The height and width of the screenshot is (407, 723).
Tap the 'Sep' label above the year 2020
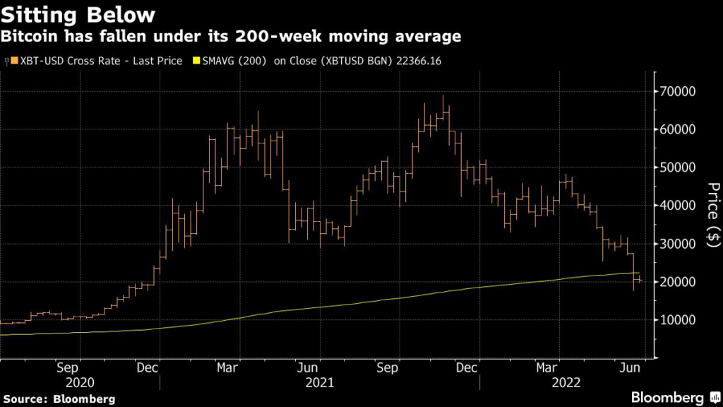coord(67,367)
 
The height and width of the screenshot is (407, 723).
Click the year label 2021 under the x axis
coord(319,382)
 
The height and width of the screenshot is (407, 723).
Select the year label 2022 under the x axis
coord(566,382)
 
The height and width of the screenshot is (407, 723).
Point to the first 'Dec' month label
coord(146,367)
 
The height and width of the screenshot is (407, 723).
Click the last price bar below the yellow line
coord(640,280)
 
